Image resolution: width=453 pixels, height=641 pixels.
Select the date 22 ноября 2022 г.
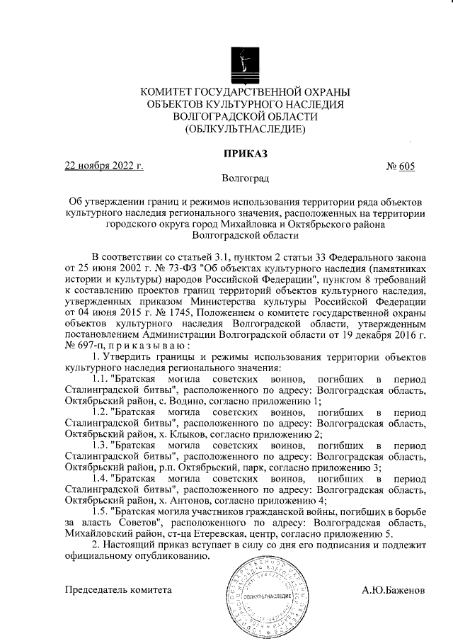(104, 166)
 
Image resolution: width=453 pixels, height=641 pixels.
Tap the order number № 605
(400, 166)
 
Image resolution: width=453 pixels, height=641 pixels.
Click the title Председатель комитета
(118, 589)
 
